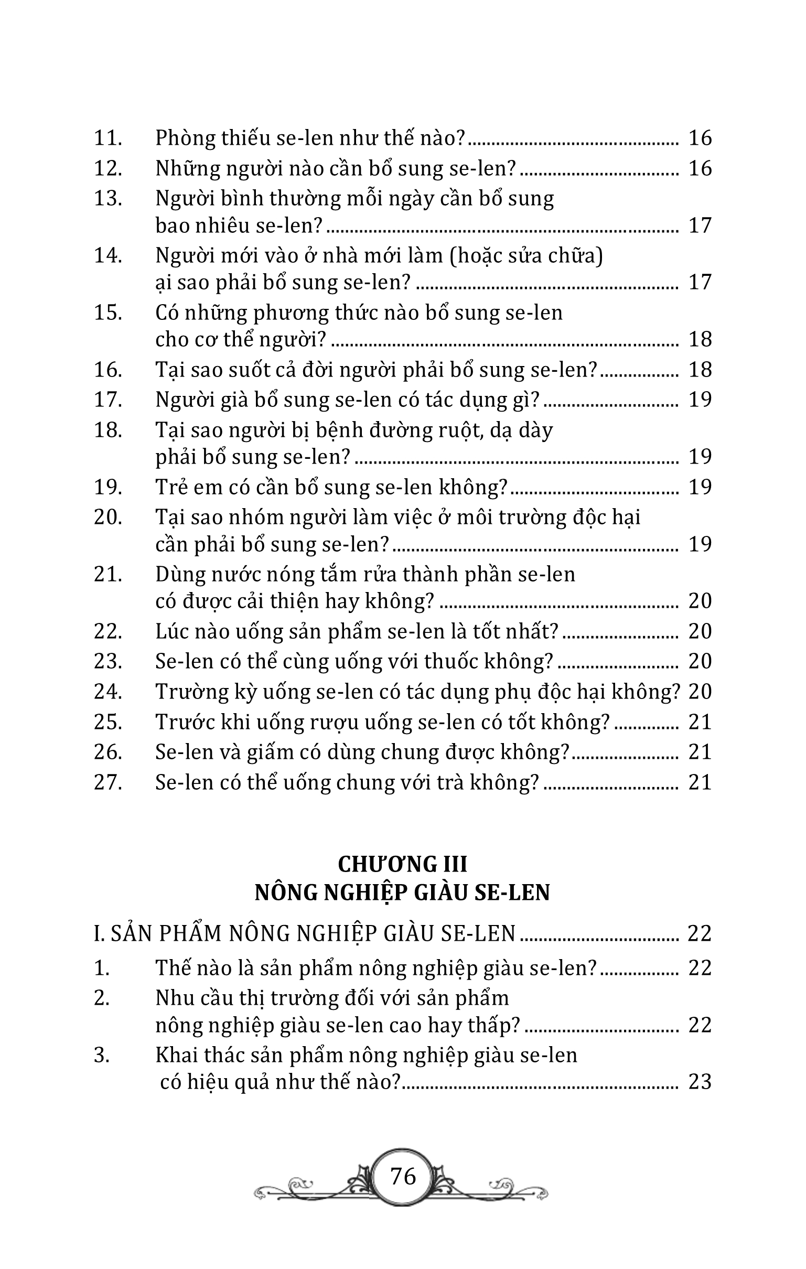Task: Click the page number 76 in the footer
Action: [x=403, y=1176]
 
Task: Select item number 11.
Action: [x=108, y=138]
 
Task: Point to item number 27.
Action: [x=108, y=782]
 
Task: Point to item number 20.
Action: [x=108, y=517]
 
